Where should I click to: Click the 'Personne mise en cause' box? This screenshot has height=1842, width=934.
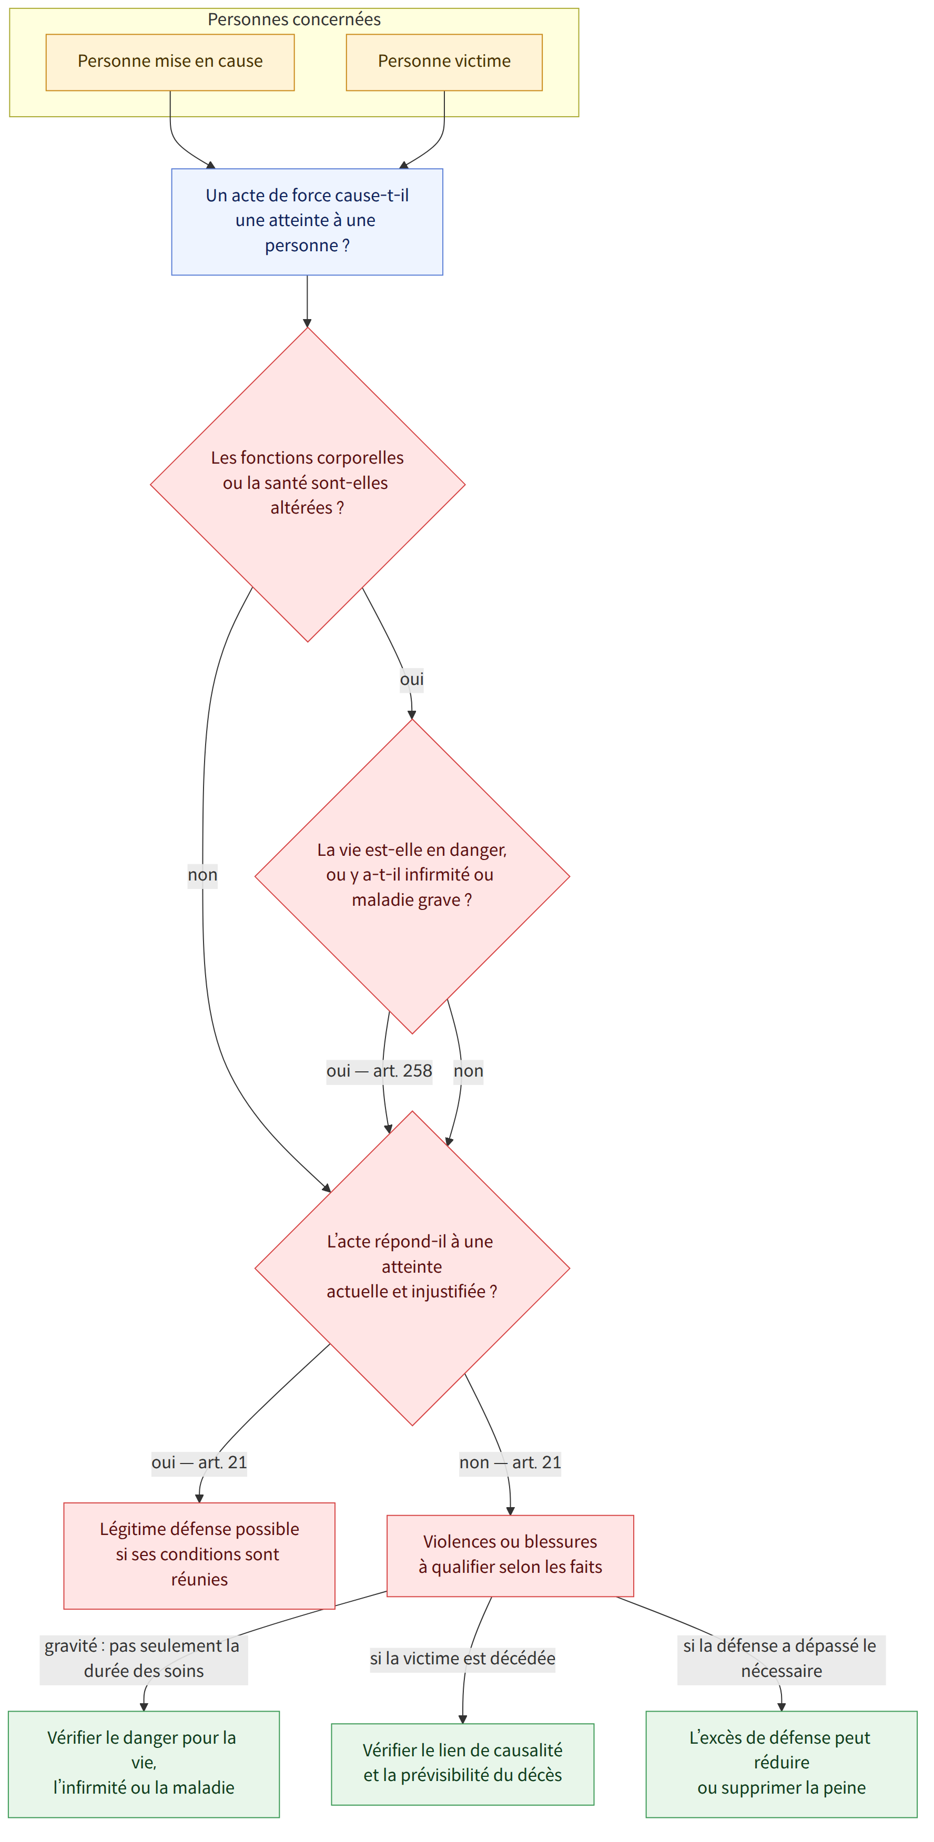point(170,62)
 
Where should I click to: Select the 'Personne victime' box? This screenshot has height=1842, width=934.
point(444,62)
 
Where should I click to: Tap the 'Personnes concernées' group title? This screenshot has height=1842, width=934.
point(294,19)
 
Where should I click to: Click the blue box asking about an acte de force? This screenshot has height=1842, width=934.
point(307,222)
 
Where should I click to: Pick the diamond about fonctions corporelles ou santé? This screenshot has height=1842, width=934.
point(308,484)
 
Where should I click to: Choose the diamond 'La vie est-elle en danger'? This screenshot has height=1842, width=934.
point(412,876)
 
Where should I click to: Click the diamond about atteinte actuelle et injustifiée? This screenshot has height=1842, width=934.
point(412,1268)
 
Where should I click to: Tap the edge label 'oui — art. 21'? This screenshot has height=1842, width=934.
point(199,1463)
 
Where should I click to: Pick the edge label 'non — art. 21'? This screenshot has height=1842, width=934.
point(510,1463)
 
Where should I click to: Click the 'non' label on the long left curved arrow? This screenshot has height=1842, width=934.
point(202,875)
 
